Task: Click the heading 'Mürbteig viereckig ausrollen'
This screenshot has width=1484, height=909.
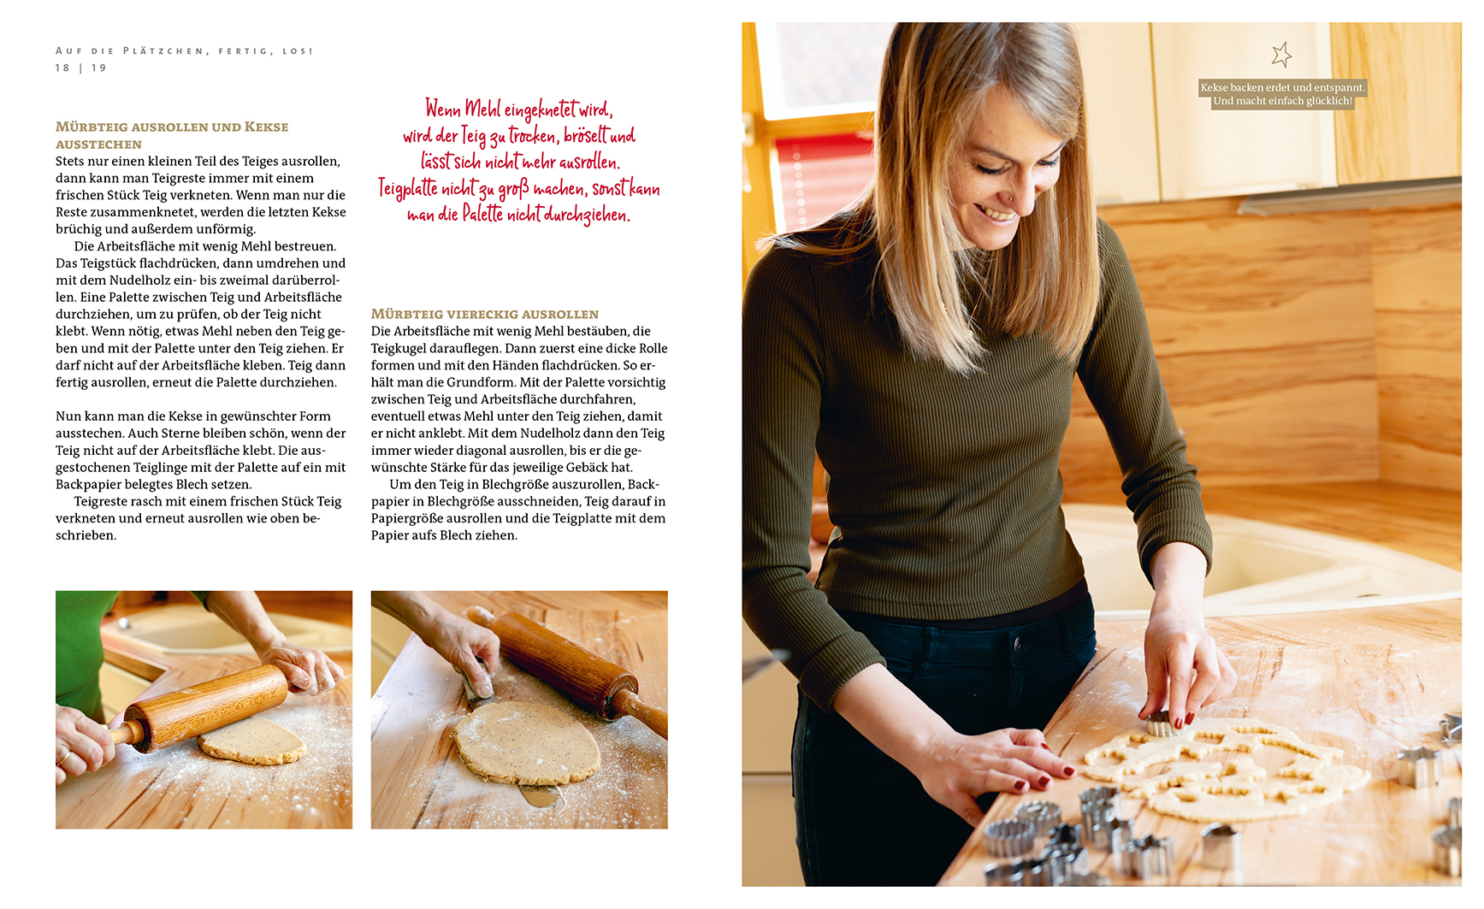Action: [485, 314]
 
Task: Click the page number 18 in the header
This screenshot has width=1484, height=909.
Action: [62, 68]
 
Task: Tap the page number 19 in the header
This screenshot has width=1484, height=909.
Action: [99, 68]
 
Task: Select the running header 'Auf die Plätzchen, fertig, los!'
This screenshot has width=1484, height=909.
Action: [185, 51]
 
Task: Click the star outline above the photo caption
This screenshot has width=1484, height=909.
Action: [1281, 55]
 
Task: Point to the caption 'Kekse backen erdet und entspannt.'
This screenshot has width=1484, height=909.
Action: [1282, 87]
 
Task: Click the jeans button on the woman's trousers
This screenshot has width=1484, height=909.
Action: [1016, 642]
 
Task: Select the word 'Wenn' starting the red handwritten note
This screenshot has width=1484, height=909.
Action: [443, 109]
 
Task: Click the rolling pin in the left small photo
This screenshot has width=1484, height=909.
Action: [205, 706]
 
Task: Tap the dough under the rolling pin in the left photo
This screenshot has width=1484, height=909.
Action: [252, 741]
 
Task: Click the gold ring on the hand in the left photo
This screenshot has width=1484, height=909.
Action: [64, 756]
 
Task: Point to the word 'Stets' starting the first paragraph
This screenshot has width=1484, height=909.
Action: [70, 161]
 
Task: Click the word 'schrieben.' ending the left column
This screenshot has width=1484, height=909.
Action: [86, 535]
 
